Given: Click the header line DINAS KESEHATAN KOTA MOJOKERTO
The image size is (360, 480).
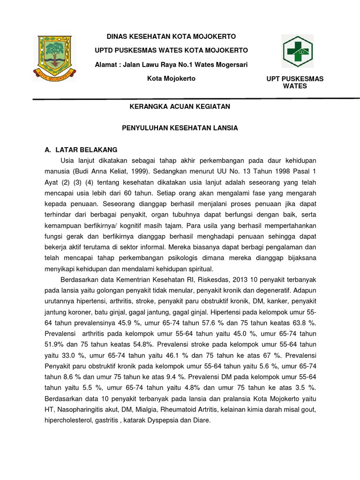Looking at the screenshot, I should tap(165, 37).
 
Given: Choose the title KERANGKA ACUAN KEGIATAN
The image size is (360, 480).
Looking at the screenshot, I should tap(180, 106).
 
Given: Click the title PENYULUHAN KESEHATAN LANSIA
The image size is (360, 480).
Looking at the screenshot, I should tap(180, 127).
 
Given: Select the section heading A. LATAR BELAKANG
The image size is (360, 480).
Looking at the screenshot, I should tap(80, 150).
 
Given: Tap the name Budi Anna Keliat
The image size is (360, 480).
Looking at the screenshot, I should tap(106, 171).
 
